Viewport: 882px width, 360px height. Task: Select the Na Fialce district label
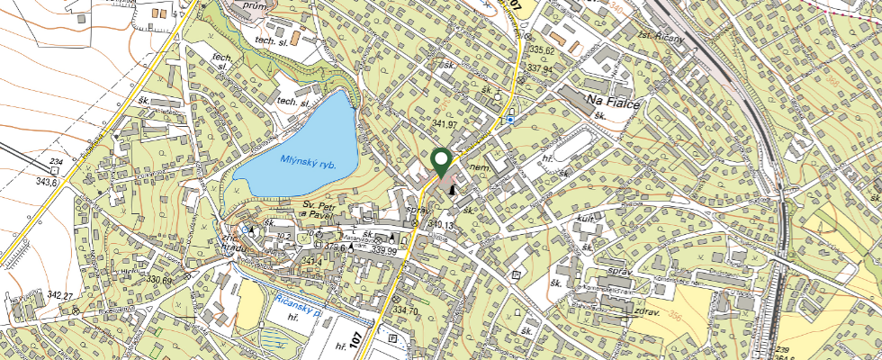612,101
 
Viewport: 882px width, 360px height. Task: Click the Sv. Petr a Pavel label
319,211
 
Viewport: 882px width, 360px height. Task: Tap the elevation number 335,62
542,50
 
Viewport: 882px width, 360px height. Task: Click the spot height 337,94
540,68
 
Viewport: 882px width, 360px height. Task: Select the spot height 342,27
59,295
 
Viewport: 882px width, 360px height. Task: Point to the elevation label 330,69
157,280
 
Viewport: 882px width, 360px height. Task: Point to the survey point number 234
55,161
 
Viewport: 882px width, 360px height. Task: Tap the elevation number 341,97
445,123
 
